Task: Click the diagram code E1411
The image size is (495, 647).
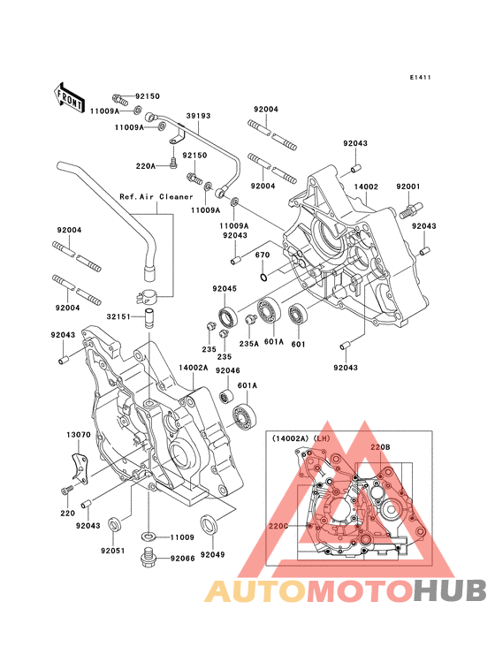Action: click(420, 77)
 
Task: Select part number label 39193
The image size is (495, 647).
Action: click(198, 116)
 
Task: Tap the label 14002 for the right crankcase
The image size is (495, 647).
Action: click(366, 186)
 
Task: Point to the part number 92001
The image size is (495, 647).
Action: click(408, 186)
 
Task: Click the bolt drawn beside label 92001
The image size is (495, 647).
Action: click(411, 209)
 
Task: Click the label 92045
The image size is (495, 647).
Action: click(225, 288)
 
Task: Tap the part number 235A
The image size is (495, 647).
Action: click(248, 343)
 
